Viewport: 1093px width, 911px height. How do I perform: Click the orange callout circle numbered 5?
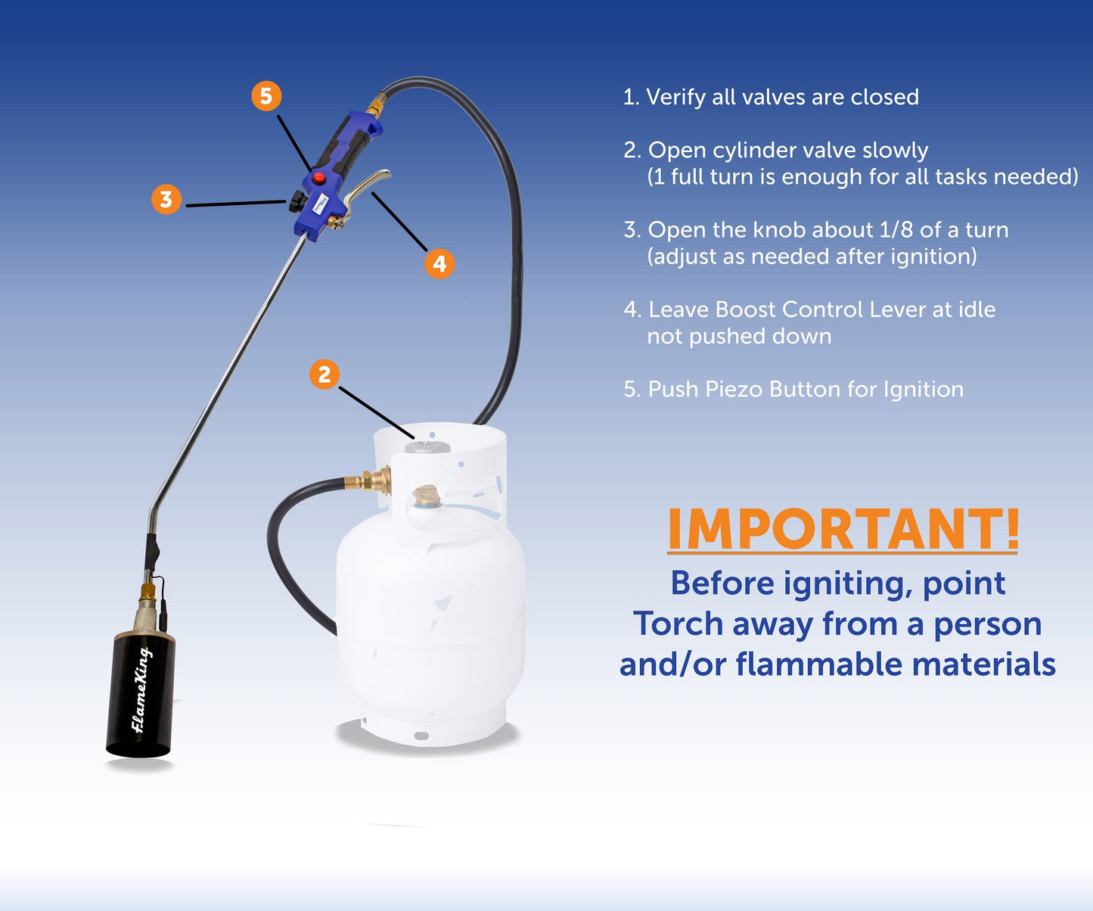(266, 96)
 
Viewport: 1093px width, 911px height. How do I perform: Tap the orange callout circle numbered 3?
(166, 200)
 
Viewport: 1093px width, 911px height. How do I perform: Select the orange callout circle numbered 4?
(439, 263)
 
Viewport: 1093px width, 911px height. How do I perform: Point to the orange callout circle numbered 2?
(324, 374)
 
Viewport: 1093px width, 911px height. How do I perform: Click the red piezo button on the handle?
(319, 179)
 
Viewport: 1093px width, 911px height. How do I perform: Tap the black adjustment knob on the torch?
(297, 201)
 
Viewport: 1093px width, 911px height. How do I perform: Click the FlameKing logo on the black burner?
(141, 690)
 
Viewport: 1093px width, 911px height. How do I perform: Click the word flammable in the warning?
(819, 664)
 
